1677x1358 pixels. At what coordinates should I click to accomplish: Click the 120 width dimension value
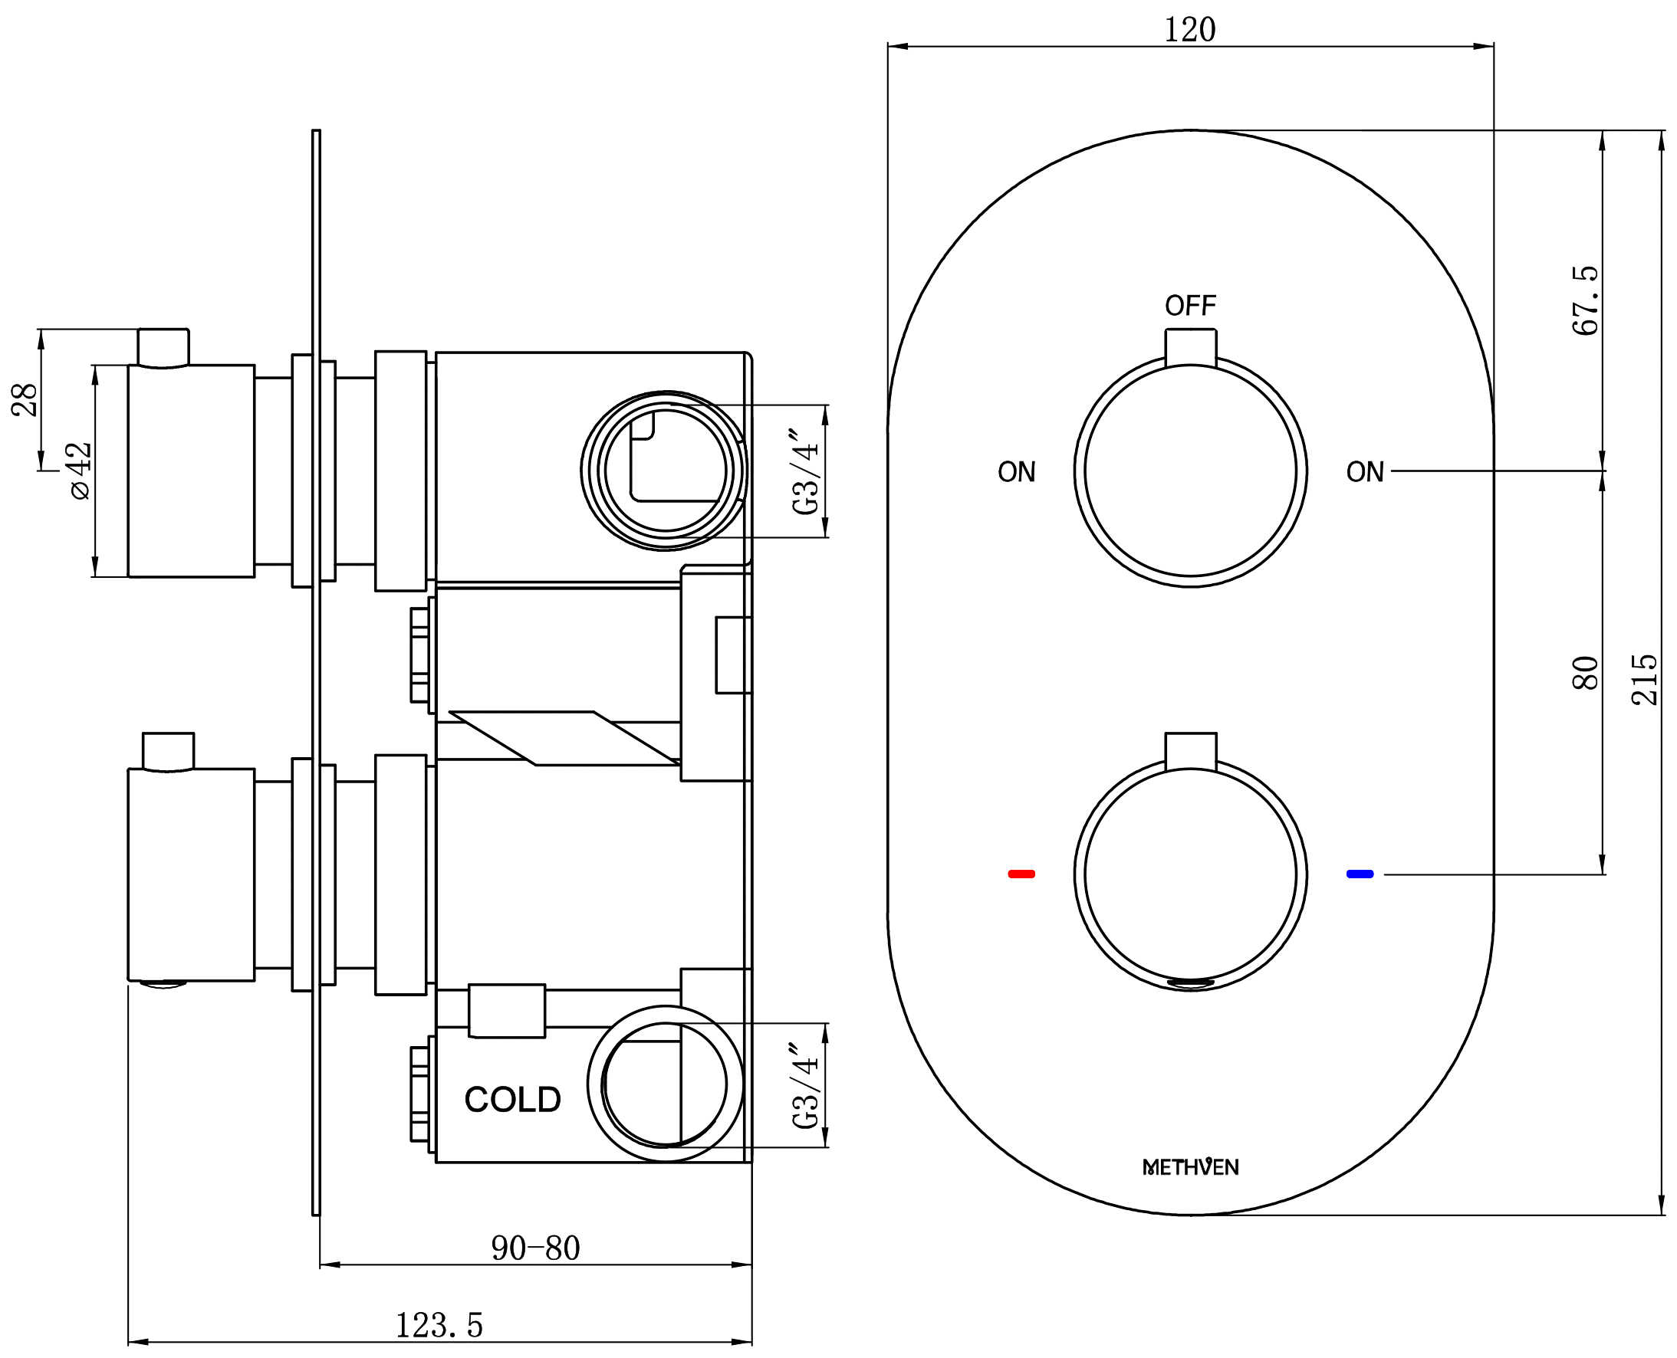1189,30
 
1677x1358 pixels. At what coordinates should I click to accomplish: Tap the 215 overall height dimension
1644,680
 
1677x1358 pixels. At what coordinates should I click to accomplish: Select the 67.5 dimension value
1585,300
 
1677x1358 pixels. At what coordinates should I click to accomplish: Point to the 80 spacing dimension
1585,673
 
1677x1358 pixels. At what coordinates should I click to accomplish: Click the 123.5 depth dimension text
439,1325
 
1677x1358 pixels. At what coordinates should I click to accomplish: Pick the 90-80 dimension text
535,1248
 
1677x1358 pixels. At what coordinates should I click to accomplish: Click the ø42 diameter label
79,471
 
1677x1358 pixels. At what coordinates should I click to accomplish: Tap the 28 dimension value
25,400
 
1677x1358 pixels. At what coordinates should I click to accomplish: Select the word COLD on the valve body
512,1100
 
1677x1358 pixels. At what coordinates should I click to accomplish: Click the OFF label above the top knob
1190,305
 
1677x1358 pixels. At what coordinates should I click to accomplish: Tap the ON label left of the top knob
1017,472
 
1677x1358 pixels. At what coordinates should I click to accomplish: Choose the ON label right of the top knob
1365,472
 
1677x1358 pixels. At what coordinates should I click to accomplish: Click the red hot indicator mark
1021,874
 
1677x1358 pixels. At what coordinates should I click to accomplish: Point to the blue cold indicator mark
1360,874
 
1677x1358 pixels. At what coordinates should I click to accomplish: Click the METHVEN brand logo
1190,1167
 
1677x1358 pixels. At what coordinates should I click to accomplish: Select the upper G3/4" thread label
806,471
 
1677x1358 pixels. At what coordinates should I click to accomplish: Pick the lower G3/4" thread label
806,1085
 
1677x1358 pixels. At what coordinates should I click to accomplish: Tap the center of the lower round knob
1190,874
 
